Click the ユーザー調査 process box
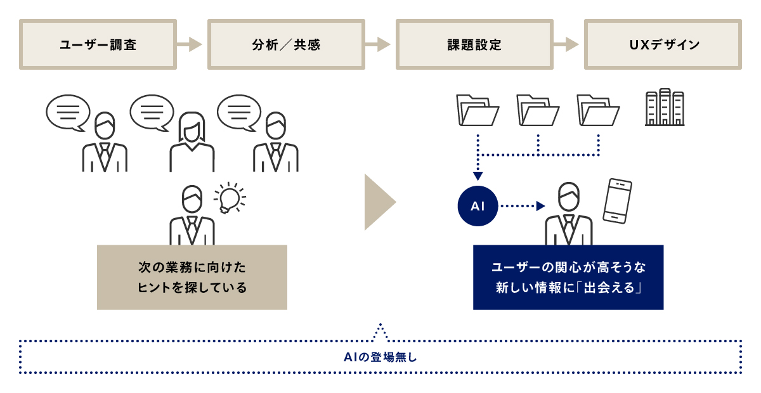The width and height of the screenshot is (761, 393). [98, 44]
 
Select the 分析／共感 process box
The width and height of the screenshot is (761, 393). [286, 44]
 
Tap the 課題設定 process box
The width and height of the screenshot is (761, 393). [474, 44]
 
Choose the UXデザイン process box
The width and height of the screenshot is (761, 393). [663, 44]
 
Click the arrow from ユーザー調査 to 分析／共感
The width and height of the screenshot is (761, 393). [190, 44]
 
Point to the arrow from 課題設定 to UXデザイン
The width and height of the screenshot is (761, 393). [567, 44]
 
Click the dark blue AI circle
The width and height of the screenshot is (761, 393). [478, 206]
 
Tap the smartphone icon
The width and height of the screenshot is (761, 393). [618, 200]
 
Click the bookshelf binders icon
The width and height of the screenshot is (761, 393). [665, 108]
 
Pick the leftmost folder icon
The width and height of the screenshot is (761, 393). [478, 110]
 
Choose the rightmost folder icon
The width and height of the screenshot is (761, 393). [598, 110]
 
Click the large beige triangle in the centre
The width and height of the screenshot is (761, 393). [379, 202]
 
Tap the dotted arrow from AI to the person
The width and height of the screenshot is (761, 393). [522, 206]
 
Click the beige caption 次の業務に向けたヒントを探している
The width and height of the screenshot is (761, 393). [192, 277]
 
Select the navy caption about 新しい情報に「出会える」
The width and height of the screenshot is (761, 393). [568, 277]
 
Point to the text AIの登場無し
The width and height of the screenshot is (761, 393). [380, 358]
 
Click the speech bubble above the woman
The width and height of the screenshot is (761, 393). [152, 112]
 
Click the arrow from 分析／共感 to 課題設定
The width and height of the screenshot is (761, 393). [379, 44]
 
